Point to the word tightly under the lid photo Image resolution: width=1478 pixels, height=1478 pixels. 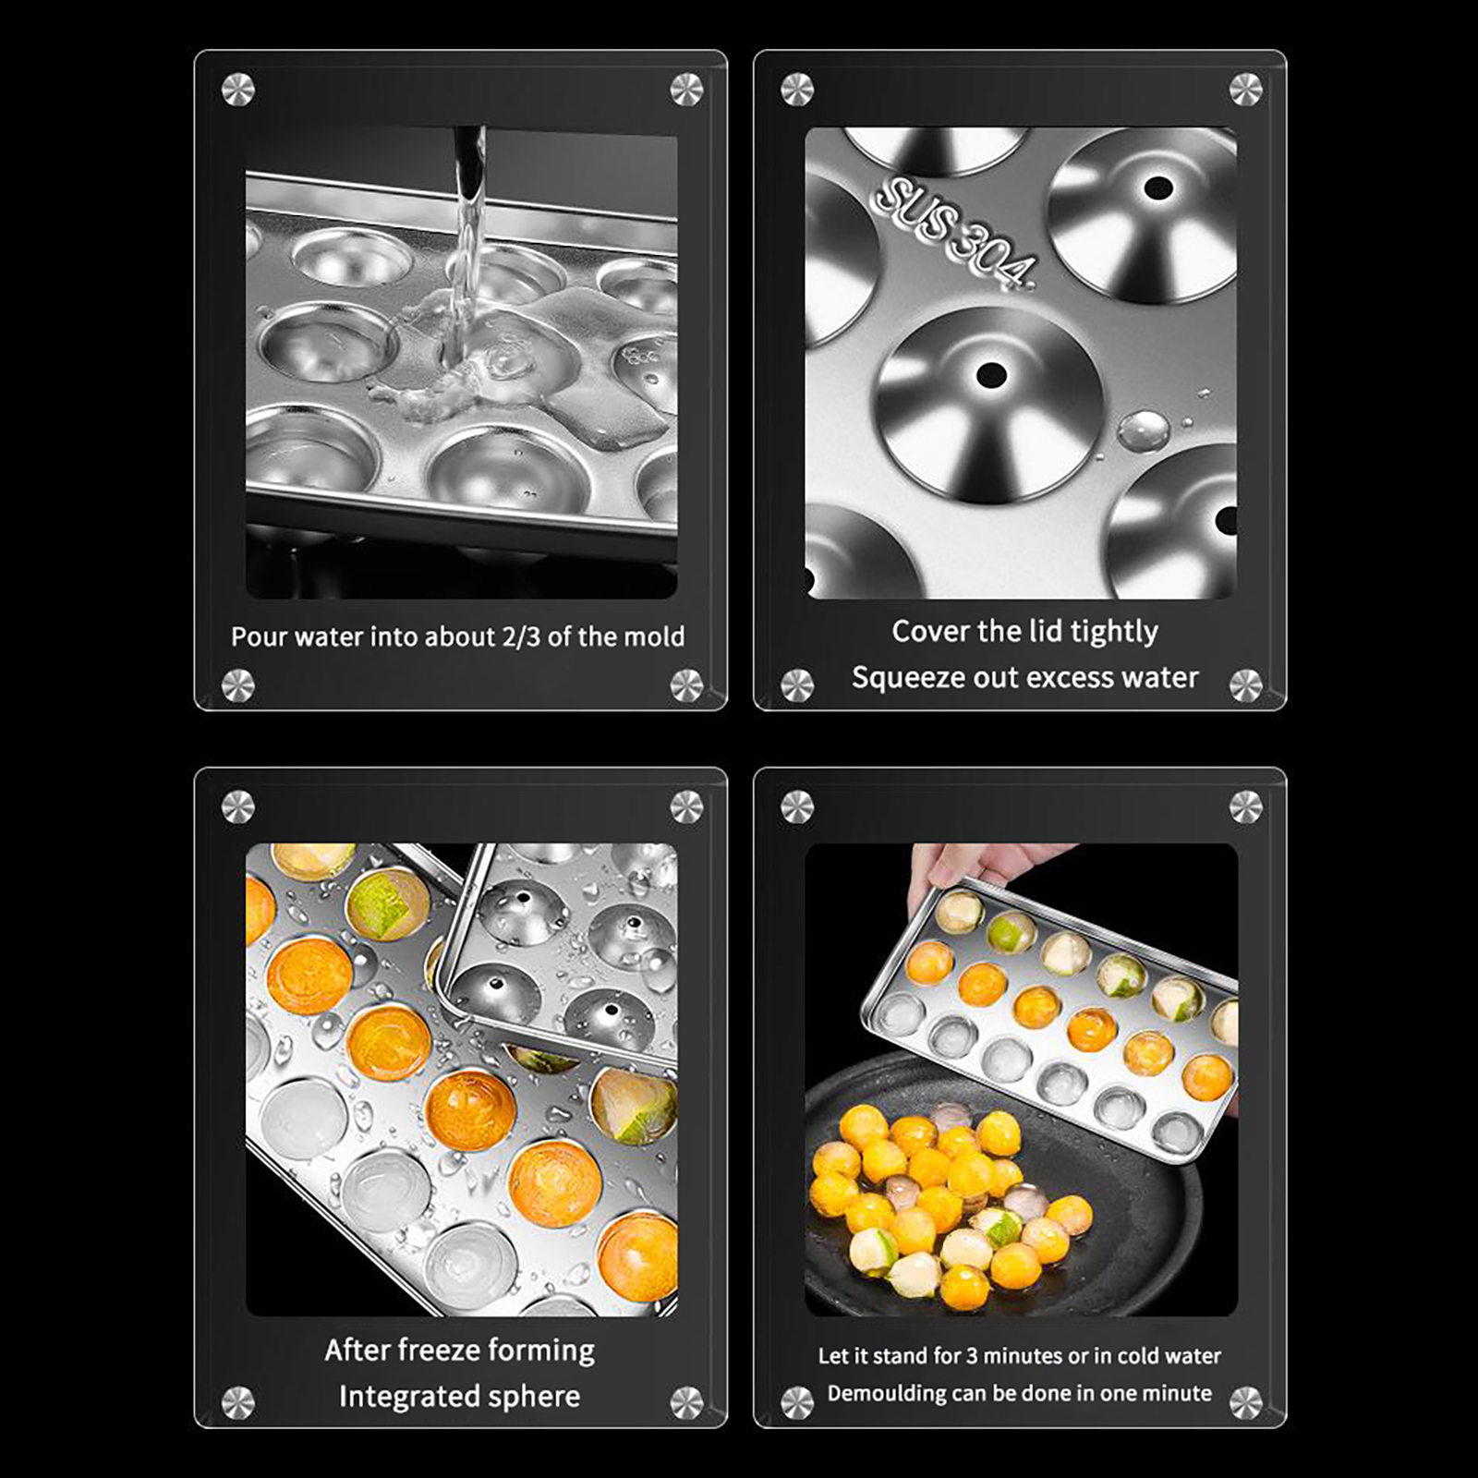1114,632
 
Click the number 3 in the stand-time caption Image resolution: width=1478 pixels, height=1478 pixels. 972,1356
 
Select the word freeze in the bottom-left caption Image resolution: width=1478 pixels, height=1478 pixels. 424,1351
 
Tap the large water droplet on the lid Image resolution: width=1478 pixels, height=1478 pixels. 1144,430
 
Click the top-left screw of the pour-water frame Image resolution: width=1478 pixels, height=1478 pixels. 238,91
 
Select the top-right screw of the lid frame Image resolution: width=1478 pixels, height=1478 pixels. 1246,90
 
